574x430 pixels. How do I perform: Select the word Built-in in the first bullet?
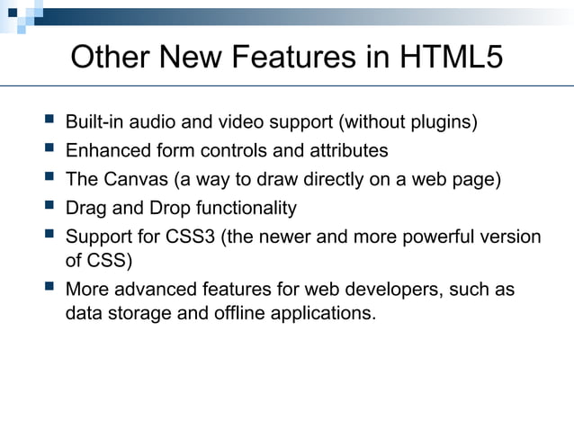pyautogui.click(x=97, y=122)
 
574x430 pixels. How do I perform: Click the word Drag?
pyautogui.click(x=85, y=208)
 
